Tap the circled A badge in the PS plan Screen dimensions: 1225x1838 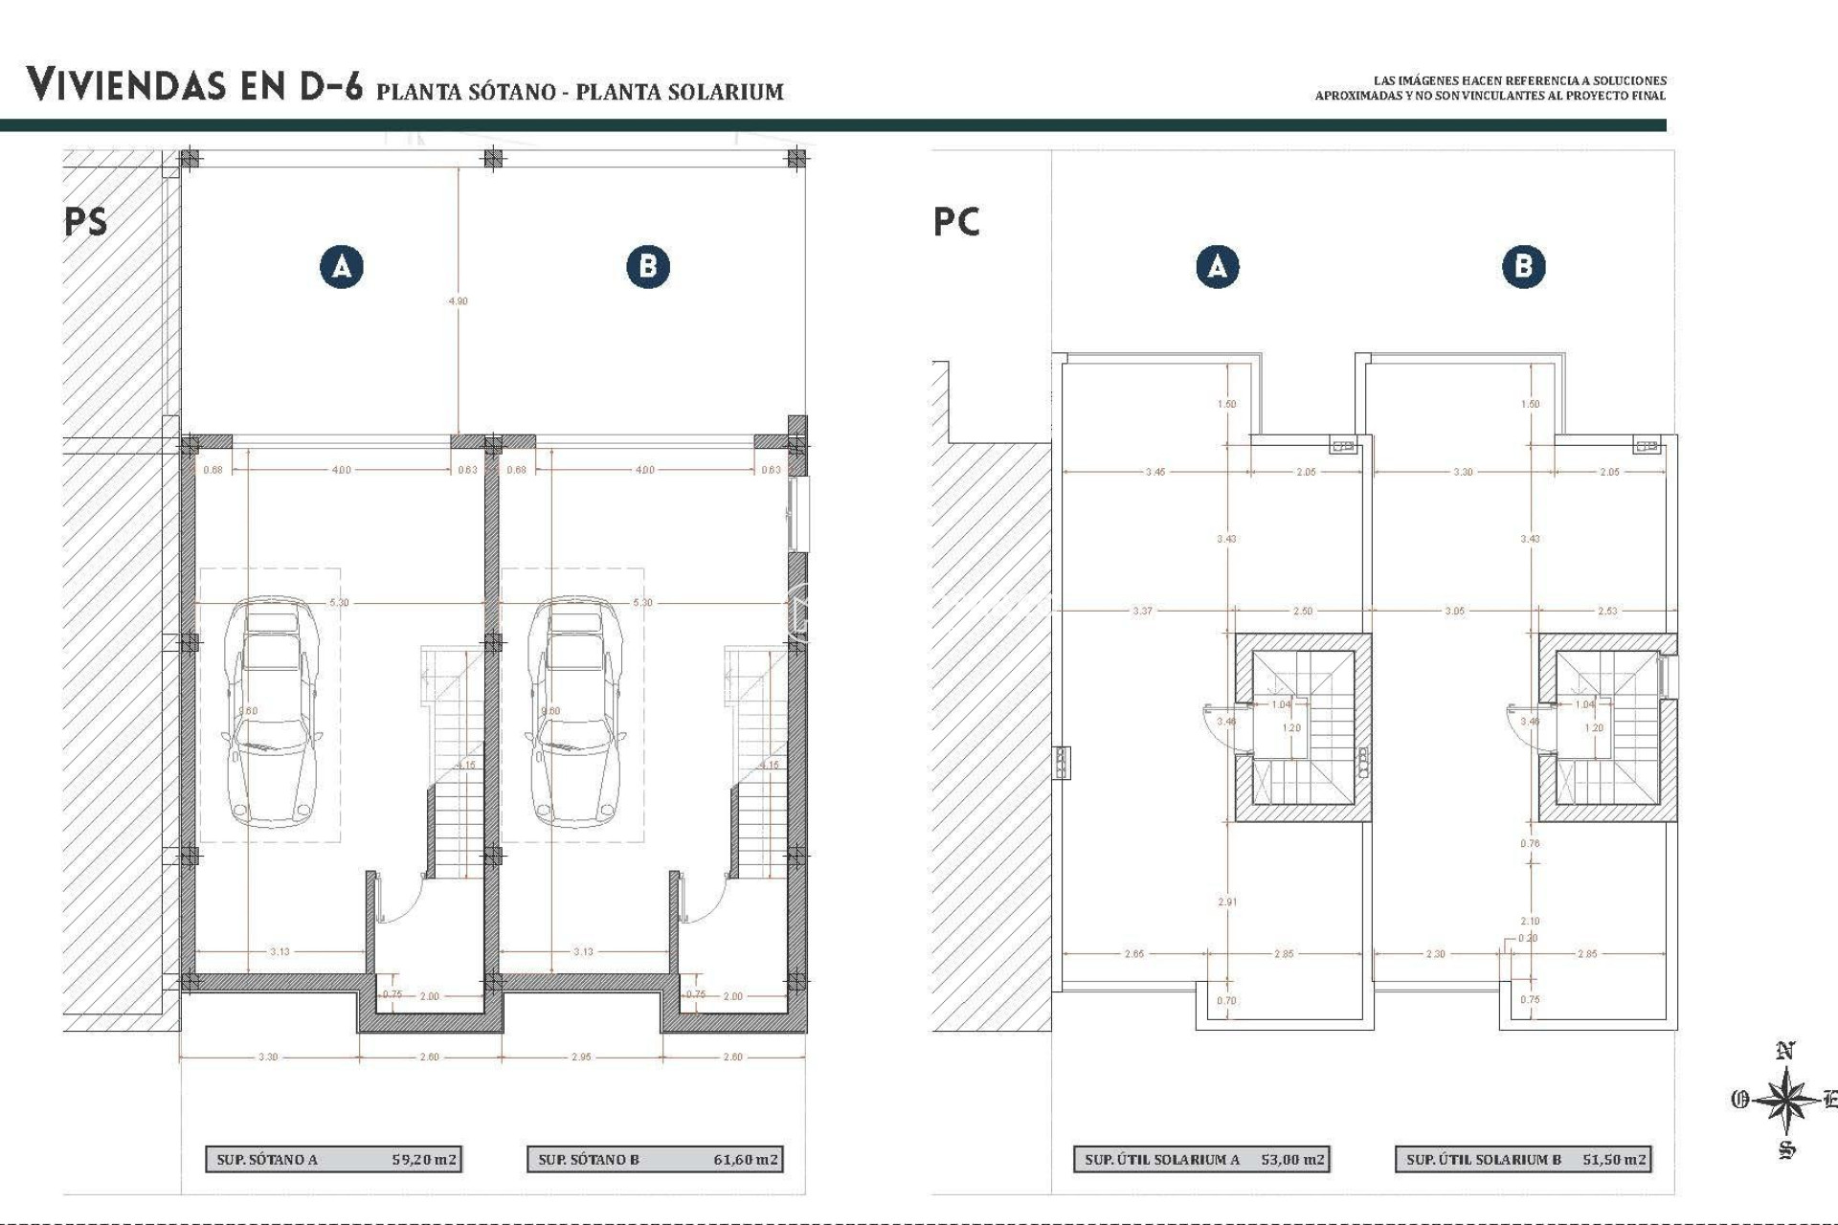[x=342, y=266]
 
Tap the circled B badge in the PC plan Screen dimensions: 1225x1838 [x=1523, y=266]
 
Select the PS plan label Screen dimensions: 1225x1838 [x=86, y=222]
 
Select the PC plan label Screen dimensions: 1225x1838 [x=956, y=222]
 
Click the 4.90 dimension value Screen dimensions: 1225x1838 [x=459, y=301]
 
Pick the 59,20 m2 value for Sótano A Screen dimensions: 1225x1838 [x=425, y=1159]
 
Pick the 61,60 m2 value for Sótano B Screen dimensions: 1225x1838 [x=747, y=1159]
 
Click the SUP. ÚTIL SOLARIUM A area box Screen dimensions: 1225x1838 [x=1201, y=1159]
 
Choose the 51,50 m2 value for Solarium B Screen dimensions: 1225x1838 [x=1614, y=1159]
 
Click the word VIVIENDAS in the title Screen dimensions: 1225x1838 [x=126, y=85]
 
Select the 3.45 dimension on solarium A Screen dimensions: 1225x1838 [x=1155, y=472]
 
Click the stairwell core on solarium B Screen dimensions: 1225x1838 [x=1607, y=727]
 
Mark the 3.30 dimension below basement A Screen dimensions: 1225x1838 [x=268, y=1057]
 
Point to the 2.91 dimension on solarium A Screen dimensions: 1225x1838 [x=1227, y=902]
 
